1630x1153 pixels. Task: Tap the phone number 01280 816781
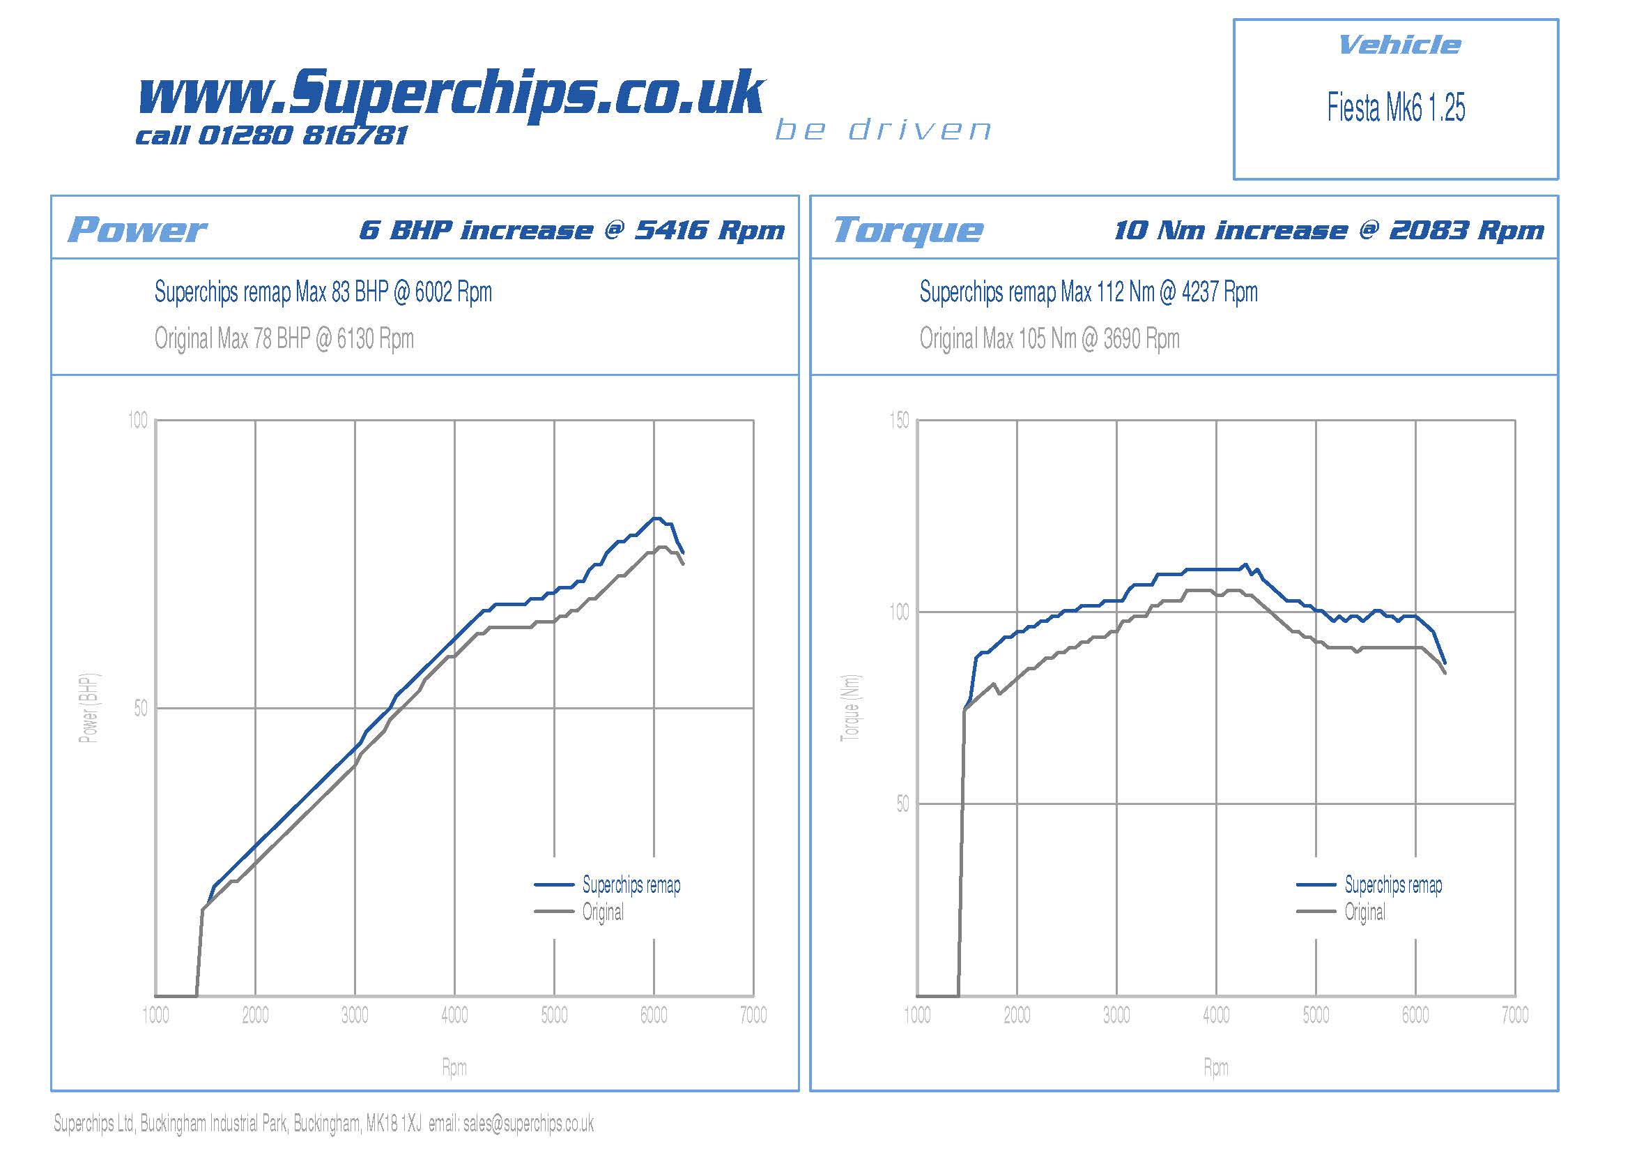pyautogui.click(x=302, y=135)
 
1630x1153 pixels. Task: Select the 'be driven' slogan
pyautogui.click(x=883, y=130)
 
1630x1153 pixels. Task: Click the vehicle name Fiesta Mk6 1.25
pyautogui.click(x=1396, y=108)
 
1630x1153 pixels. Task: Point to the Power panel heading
pyautogui.click(x=137, y=229)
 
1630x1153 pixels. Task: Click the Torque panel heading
pyautogui.click(x=908, y=229)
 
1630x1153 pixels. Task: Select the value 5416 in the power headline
pyautogui.click(x=671, y=229)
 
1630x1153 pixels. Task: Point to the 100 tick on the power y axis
pyautogui.click(x=138, y=421)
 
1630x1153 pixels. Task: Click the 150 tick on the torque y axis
pyautogui.click(x=899, y=421)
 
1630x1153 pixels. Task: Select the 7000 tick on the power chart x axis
pyautogui.click(x=753, y=1015)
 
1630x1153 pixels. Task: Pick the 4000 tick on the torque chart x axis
pyautogui.click(x=1216, y=1015)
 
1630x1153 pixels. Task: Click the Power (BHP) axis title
pyautogui.click(x=89, y=707)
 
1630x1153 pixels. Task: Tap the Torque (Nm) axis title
pyautogui.click(x=850, y=707)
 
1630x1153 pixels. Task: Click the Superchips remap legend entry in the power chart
pyautogui.click(x=631, y=884)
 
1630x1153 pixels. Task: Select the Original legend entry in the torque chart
pyautogui.click(x=1364, y=912)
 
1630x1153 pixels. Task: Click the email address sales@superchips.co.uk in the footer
pyautogui.click(x=528, y=1123)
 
